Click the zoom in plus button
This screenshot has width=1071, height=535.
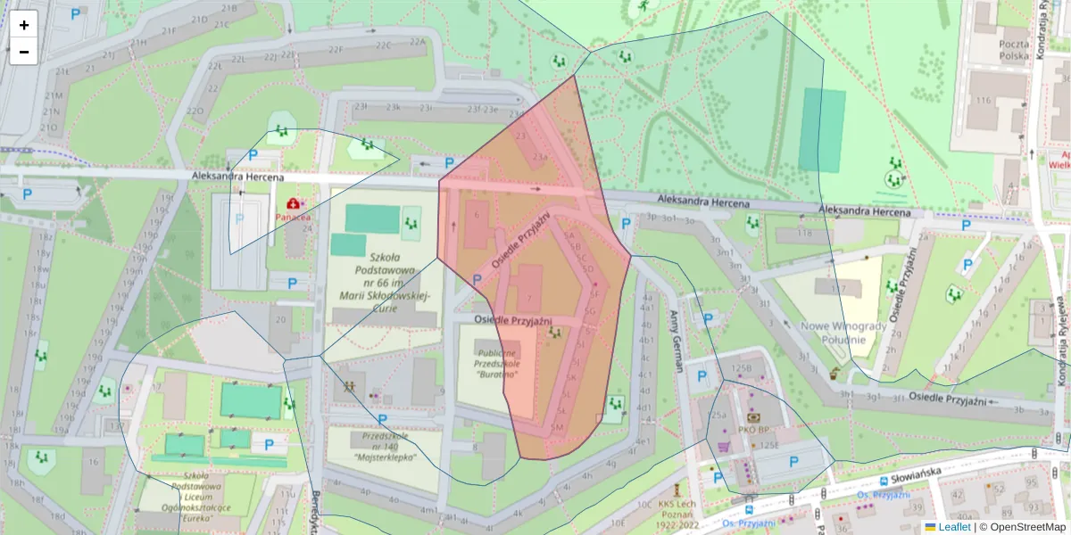pyautogui.click(x=24, y=25)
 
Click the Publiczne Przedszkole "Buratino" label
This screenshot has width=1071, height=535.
pyautogui.click(x=497, y=363)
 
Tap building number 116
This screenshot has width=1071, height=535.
pyautogui.click(x=984, y=100)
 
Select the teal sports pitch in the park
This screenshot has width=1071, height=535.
pyautogui.click(x=821, y=130)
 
